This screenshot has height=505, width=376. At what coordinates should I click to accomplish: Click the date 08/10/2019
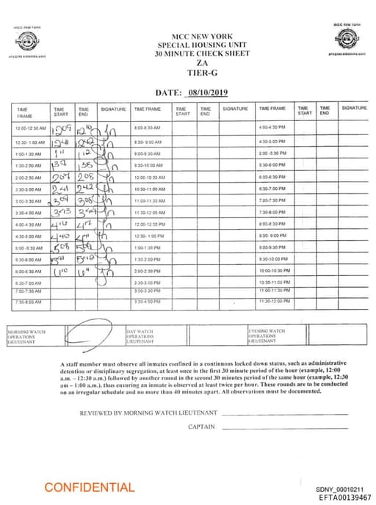pos(210,92)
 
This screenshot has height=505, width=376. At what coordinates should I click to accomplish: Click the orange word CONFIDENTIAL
pos(90,487)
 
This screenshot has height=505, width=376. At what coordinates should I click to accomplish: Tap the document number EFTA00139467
pos(344,497)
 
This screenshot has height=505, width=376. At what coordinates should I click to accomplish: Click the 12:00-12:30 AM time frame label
pos(30,128)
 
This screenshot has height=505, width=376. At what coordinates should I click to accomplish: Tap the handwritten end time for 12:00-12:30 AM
pos(86,128)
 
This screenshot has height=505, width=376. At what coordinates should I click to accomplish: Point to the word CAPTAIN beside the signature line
pos(201,426)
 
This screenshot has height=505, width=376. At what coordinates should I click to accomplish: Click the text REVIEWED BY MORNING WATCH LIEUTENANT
pos(148,413)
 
